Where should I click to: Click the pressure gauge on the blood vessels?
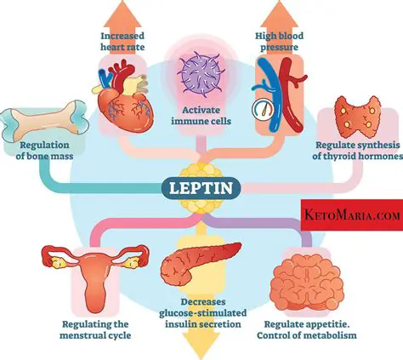263,110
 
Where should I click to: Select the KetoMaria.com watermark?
350,192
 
